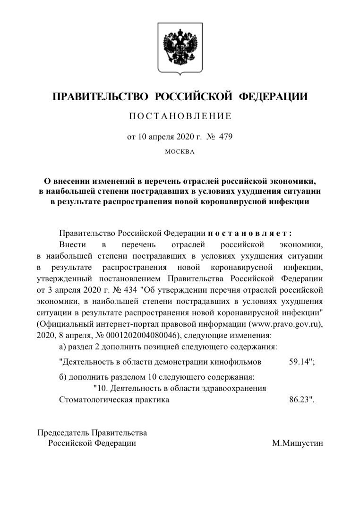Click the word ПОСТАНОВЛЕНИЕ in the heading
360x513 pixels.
[180, 116]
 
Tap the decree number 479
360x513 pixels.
[224, 137]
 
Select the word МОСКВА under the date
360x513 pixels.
[180, 152]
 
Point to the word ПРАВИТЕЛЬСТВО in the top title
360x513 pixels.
[101, 97]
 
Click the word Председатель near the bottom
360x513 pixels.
[63, 433]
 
